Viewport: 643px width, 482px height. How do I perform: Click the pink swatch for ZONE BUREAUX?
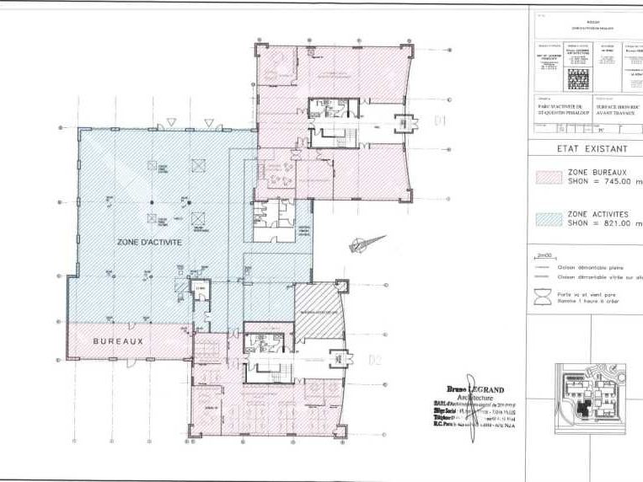coord(549,176)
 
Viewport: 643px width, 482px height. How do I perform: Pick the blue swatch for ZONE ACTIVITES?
coord(549,219)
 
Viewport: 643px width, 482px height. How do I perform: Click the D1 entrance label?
coord(439,121)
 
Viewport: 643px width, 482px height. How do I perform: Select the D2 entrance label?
coord(376,361)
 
